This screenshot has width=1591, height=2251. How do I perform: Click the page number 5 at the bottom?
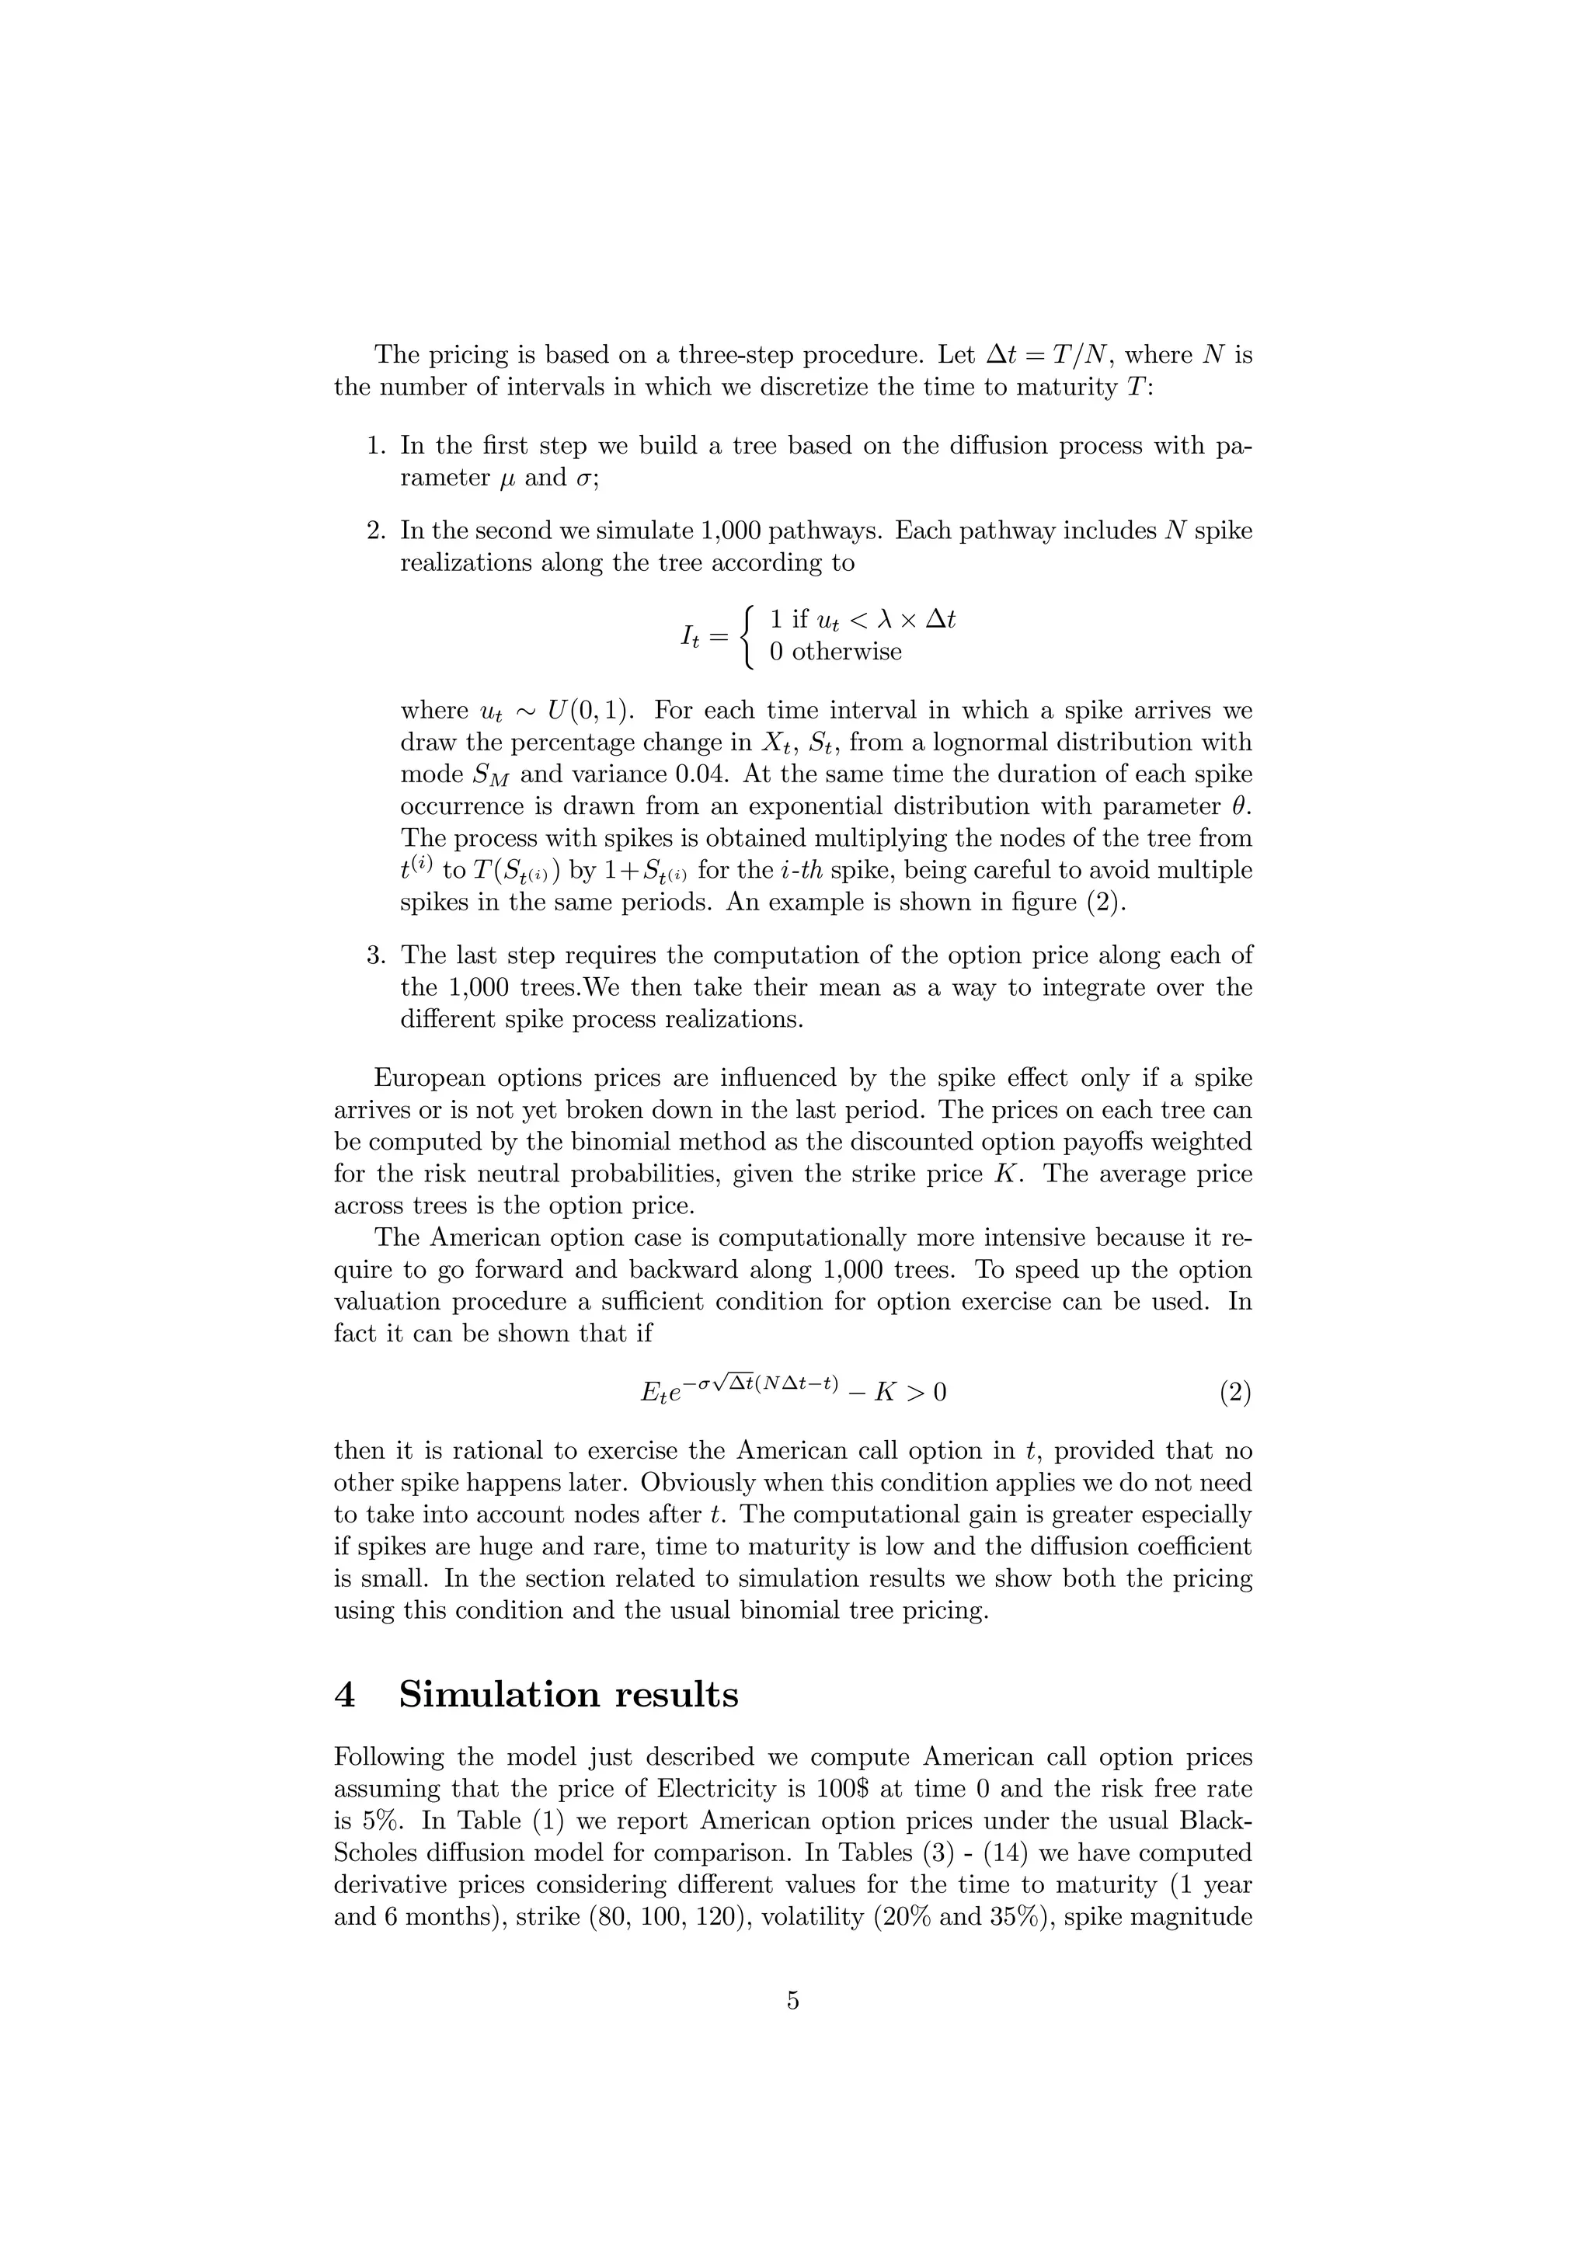[x=793, y=2001]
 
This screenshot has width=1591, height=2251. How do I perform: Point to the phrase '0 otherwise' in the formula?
[x=835, y=652]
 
